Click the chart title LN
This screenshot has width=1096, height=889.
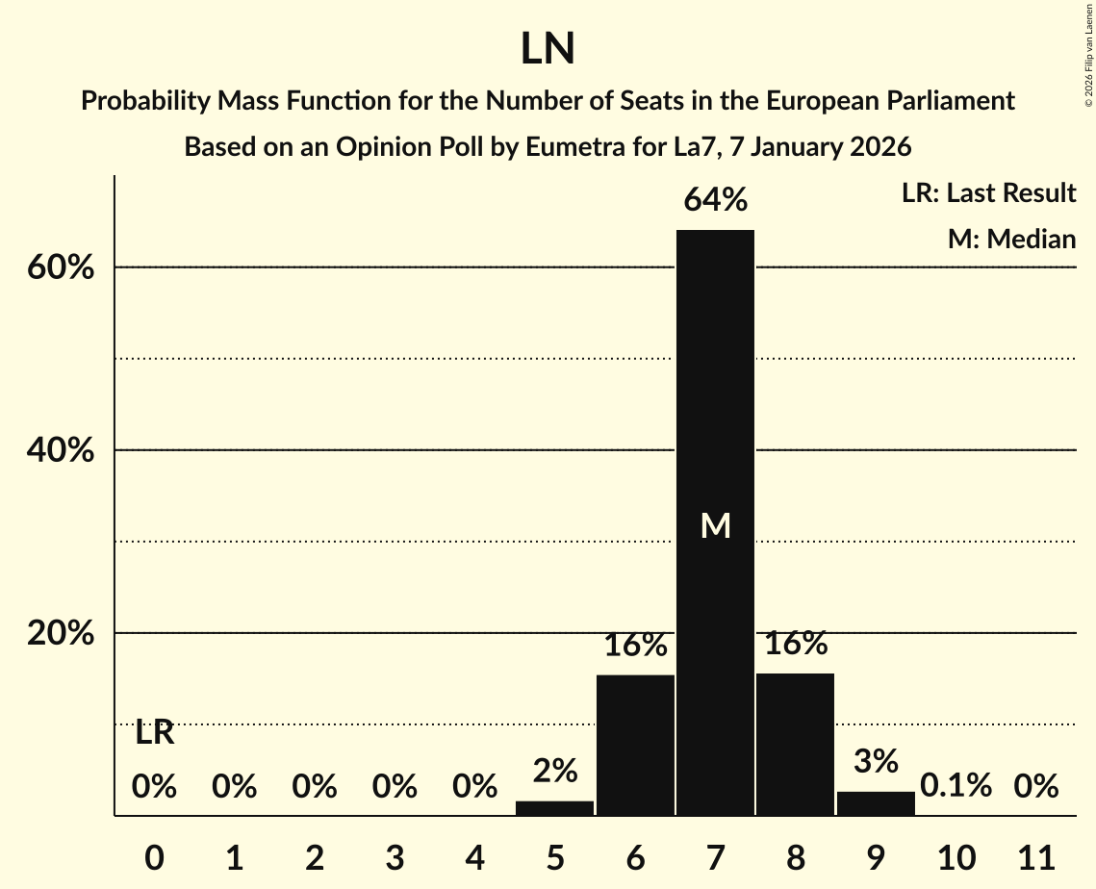[x=548, y=49]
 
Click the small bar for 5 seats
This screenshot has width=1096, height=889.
[x=554, y=808]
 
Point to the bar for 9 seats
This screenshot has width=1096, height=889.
[x=876, y=803]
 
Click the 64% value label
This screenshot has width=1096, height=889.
[x=715, y=200]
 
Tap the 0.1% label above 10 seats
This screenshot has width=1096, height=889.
[x=956, y=786]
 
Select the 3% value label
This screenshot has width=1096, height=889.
[x=876, y=761]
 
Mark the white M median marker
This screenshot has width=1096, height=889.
[x=715, y=525]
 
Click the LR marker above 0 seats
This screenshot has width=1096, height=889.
[x=154, y=733]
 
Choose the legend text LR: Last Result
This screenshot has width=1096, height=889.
[x=988, y=193]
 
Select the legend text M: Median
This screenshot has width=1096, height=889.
[x=1011, y=239]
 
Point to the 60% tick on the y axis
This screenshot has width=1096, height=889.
[x=60, y=267]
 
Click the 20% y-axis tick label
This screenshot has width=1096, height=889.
[x=60, y=634]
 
